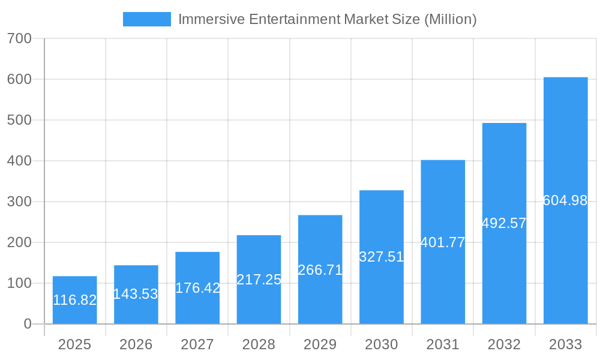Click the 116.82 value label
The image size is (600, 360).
pos(74,300)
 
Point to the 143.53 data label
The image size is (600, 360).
pos(136,294)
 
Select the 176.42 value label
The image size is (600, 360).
pos(197,288)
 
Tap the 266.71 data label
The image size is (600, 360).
pos(320,270)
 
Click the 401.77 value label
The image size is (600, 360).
pos(443,242)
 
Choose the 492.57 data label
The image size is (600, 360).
pos(504,223)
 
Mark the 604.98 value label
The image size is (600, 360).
pos(565,200)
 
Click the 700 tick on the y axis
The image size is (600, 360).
pos(19,38)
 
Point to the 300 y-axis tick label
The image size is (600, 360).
pos(19,202)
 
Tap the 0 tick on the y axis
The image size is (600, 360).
pos(27,324)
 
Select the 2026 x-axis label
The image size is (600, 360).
pos(136,344)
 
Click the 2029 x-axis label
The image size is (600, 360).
pos(320,344)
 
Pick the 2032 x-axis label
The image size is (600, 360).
pos(504,344)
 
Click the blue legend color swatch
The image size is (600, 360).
pos(146,19)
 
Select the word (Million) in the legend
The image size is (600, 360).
pos(450,19)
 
